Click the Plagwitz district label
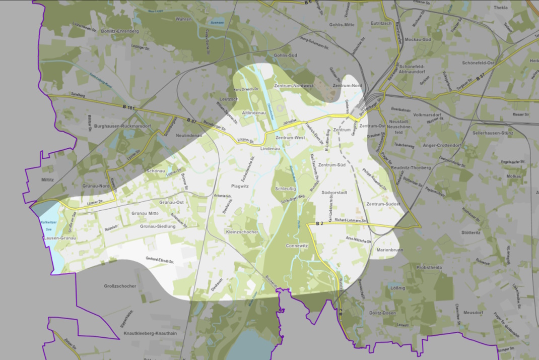click(240, 186)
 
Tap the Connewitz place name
click(297, 246)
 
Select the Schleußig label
click(285, 189)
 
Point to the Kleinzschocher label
click(242, 232)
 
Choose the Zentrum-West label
click(291, 138)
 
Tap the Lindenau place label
click(269, 150)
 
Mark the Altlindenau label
click(253, 113)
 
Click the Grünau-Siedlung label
click(158, 226)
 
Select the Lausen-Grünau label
click(59, 237)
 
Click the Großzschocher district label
click(120, 286)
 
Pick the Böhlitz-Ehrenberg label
click(119, 31)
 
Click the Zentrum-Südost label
click(383, 204)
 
